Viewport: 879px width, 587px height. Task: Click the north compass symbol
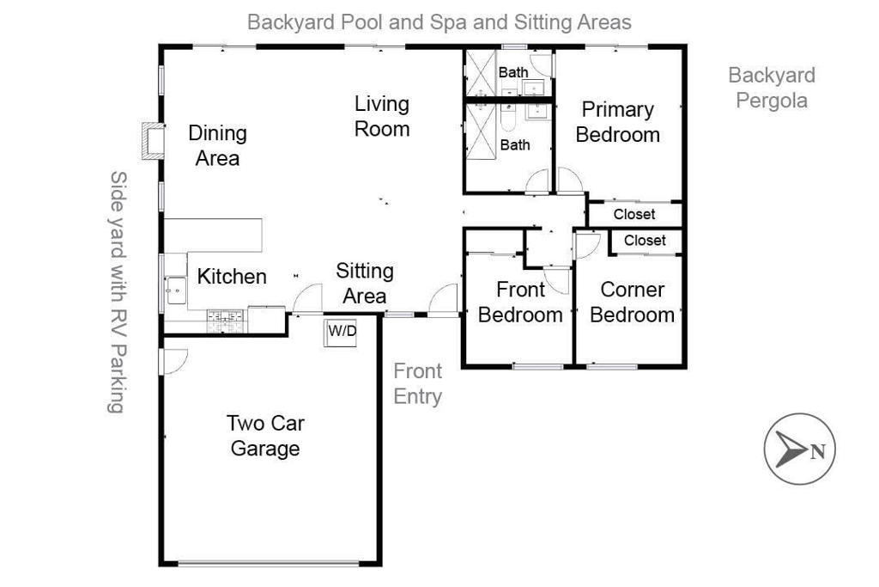point(799,449)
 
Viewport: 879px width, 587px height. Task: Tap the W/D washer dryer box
point(341,333)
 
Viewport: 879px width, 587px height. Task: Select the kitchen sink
point(176,290)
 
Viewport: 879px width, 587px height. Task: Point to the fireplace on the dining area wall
point(153,141)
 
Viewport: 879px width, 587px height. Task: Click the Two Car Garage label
point(265,435)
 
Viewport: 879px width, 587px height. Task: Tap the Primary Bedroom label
point(617,122)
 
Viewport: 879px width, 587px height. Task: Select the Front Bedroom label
point(520,303)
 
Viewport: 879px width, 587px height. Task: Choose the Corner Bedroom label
point(632,303)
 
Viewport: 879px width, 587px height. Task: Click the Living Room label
point(382,116)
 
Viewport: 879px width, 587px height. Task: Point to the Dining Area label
point(217,145)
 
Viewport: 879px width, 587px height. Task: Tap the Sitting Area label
point(365,284)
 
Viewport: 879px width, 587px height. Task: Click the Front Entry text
point(417,383)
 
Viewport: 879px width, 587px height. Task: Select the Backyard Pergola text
point(771,88)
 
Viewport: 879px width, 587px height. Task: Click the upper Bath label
point(513,72)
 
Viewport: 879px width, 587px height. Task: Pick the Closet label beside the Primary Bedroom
point(634,214)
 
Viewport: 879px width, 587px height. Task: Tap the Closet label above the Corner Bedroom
point(645,241)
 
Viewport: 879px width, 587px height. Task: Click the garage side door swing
point(172,362)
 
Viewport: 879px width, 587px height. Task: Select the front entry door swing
point(445,301)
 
